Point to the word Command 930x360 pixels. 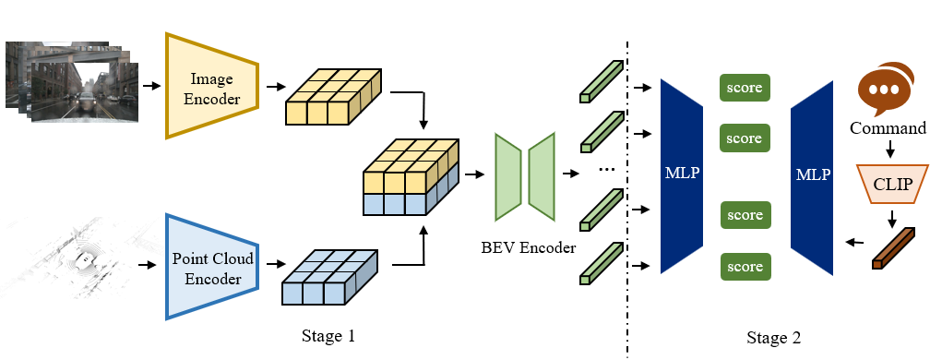(x=888, y=127)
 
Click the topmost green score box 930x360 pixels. (x=745, y=88)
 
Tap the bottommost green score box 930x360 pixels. (x=745, y=268)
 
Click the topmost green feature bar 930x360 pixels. (x=601, y=78)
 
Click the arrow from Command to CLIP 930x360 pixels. (x=891, y=150)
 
